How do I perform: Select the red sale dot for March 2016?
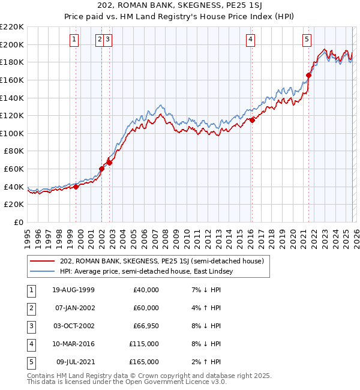252,120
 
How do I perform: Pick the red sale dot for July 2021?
309,75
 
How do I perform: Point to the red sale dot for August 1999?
76,187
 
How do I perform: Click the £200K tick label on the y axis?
12,44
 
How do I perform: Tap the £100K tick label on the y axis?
12,133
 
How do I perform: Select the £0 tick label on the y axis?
18,222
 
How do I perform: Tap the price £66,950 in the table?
144,326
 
